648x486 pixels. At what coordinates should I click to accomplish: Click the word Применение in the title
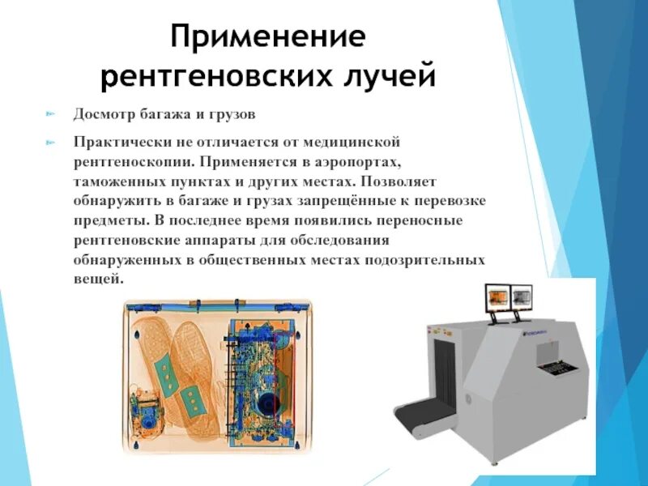pyautogui.click(x=267, y=37)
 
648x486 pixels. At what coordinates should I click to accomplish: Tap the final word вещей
pyautogui.click(x=97, y=279)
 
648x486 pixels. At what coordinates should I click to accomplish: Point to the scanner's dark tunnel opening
pyautogui.click(x=447, y=364)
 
